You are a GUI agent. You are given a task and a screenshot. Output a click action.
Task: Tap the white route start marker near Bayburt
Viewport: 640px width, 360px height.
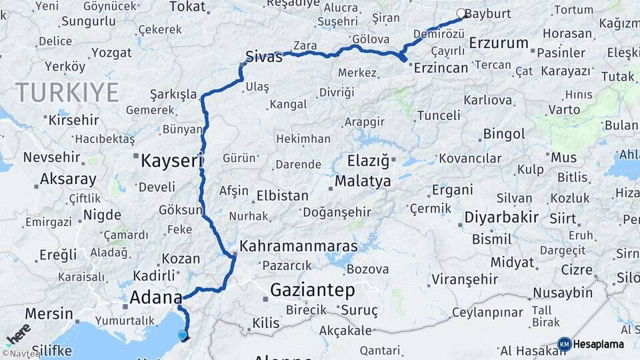(x=461, y=13)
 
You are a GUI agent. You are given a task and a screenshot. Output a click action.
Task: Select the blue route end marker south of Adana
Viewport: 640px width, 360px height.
(x=183, y=335)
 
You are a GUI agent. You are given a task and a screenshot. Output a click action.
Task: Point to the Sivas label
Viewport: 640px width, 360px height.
(x=264, y=57)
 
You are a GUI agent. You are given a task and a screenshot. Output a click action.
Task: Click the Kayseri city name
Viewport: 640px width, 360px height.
(x=171, y=160)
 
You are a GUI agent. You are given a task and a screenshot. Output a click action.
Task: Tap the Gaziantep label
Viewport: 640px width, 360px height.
(x=311, y=289)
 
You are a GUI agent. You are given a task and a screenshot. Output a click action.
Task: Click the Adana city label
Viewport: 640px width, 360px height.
(x=157, y=297)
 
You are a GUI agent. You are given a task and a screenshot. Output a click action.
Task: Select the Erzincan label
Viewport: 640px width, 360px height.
(x=441, y=67)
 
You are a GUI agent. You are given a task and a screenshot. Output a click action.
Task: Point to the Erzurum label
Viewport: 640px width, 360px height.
(x=499, y=43)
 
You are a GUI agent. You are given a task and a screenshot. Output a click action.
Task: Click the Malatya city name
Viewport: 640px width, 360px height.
(x=363, y=181)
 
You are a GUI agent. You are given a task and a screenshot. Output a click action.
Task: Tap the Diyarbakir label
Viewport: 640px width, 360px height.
(x=501, y=218)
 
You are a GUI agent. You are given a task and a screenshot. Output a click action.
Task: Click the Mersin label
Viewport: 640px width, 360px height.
(x=49, y=313)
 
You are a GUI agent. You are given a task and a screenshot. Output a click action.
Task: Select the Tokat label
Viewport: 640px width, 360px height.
(x=187, y=7)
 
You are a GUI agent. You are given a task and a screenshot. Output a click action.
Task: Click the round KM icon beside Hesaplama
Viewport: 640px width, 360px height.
(x=564, y=344)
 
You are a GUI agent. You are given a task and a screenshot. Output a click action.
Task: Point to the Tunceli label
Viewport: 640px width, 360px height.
(x=439, y=115)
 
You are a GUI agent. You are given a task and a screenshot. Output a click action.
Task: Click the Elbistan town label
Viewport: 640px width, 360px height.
(x=283, y=196)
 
